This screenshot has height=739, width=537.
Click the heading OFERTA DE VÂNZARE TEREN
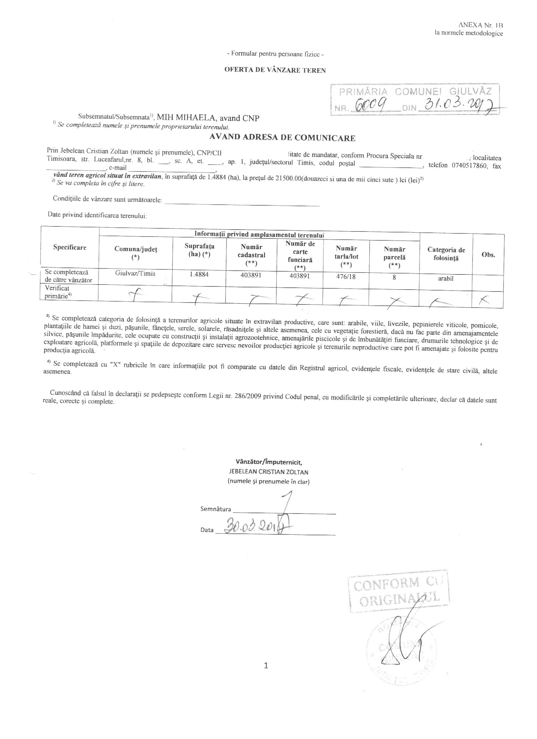[275, 70]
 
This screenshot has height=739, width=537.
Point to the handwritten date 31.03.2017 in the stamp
[458, 105]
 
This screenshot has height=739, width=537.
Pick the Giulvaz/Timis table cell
[135, 274]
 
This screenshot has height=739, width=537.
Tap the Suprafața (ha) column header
[199, 250]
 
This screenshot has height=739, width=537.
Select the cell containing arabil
[446, 279]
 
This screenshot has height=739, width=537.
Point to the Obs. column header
[488, 255]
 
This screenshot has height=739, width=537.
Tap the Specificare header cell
[70, 247]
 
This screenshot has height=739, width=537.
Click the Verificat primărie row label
[57, 292]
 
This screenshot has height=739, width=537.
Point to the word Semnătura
[216, 509]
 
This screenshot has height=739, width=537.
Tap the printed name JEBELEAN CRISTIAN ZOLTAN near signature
[268, 472]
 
